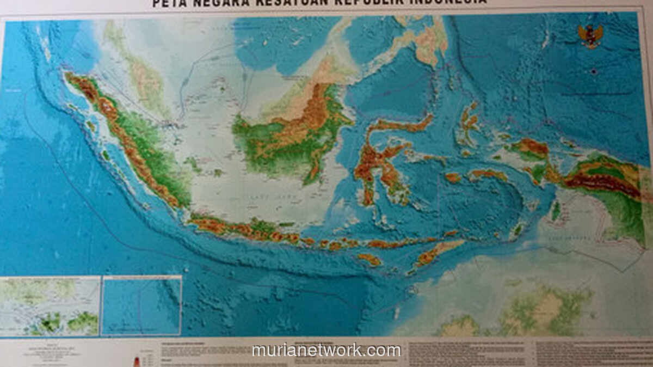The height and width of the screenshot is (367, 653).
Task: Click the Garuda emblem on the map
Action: [x=590, y=36]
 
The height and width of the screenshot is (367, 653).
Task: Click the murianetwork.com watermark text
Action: [x=326, y=350]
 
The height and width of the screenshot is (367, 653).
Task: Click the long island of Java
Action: [x=245, y=229]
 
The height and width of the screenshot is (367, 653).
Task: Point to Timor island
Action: [x=435, y=253]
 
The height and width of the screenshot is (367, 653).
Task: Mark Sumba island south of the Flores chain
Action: [x=370, y=260]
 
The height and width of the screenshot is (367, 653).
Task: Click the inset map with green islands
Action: [x=50, y=306]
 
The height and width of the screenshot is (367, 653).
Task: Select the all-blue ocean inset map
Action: [x=141, y=305]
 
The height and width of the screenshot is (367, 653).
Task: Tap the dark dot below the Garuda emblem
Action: [x=594, y=71]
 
